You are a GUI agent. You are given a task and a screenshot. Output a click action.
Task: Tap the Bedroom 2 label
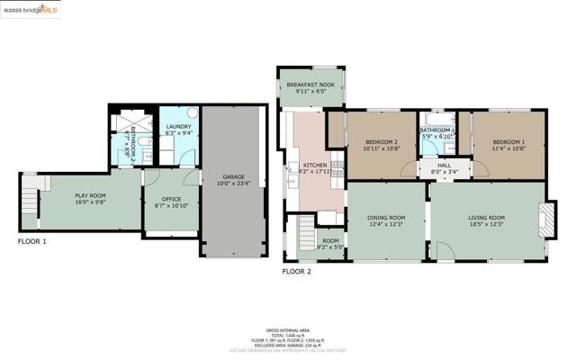pos(382,142)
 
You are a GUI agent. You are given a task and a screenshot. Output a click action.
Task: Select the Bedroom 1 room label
pos(508,142)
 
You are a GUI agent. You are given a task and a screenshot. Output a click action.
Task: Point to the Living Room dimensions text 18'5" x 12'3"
pos(486,225)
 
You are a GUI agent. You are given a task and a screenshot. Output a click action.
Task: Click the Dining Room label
pos(385,217)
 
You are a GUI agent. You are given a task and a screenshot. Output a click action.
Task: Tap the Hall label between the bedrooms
pos(444,166)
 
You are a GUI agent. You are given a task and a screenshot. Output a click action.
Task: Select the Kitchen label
pos(314,166)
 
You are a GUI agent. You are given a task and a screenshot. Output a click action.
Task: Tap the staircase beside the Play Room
pos(31,193)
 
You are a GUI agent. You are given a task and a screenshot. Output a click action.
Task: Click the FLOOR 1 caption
pos(32,242)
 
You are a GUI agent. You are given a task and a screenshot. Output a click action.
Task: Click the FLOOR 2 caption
pos(296,271)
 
